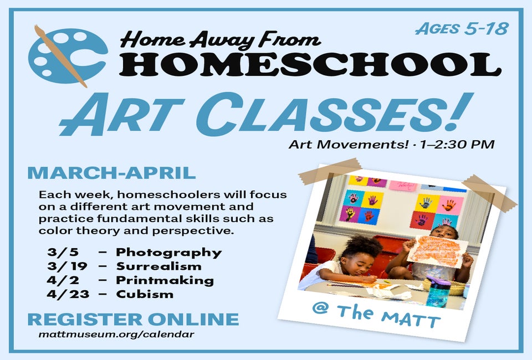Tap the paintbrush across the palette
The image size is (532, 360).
pos(60,56)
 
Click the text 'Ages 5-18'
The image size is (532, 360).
pos(462,29)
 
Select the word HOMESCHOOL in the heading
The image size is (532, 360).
pos(310,64)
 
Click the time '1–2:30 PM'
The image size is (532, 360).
pos(457,145)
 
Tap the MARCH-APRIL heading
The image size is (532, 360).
pos(111,173)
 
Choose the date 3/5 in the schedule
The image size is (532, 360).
pos(63,252)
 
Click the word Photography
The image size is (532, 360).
pos(169,253)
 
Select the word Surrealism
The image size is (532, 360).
pos(159,266)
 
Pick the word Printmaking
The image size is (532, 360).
pos(165,280)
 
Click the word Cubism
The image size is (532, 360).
pos(145,294)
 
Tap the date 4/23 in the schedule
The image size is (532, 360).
pos(68,294)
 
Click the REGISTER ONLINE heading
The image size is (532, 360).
pos(134,320)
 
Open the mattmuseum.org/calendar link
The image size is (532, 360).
pos(116,335)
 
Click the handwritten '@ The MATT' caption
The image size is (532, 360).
pos(376,315)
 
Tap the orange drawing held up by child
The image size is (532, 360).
pos(438,251)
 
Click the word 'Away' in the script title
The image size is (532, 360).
pos(222,40)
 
